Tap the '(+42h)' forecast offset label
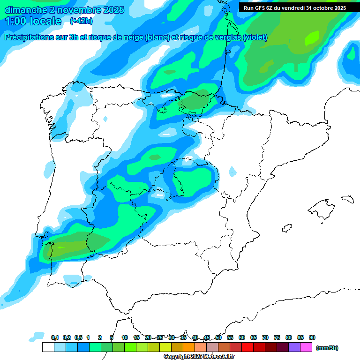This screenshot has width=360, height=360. coord(81,21)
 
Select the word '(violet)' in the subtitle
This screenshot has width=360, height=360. coord(255,37)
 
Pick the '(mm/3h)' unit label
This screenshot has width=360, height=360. coord(327,348)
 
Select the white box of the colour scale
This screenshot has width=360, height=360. coord(48,347)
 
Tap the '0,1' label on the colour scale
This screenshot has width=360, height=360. coord(55,337)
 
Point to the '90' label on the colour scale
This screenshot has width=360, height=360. coord(312,337)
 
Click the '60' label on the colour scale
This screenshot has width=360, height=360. coord(242,337)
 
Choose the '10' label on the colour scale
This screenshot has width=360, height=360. coord(125,337)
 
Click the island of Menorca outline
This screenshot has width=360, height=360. coord(347,199)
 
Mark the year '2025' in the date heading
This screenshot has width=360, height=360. coord(113,9)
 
